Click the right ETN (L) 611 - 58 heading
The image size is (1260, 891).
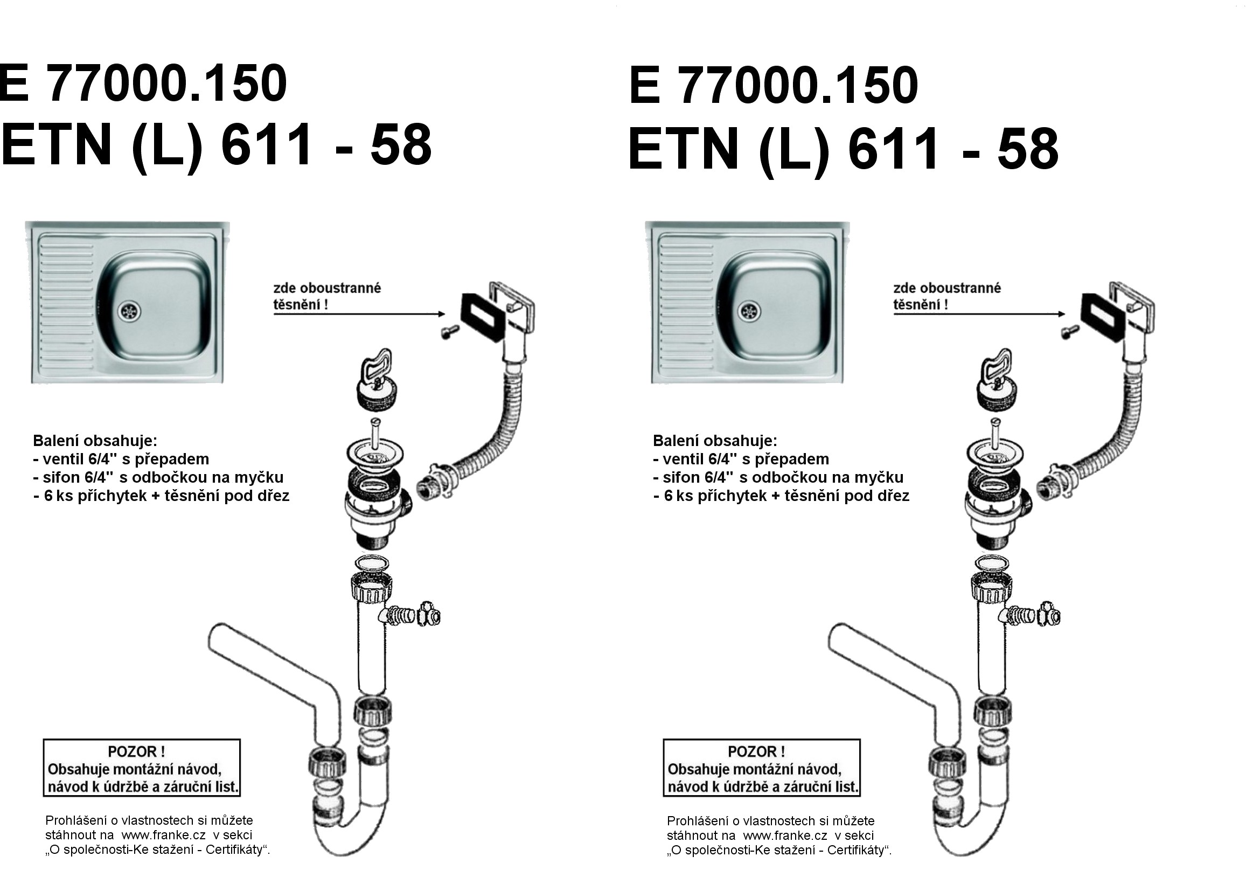point(844,149)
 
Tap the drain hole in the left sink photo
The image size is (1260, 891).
point(129,311)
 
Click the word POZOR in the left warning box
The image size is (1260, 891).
point(137,751)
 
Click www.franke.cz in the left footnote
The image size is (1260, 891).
point(164,835)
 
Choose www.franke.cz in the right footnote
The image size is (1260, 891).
point(785,836)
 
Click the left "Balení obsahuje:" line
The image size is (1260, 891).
point(95,441)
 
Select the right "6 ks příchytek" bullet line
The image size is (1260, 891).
point(781,496)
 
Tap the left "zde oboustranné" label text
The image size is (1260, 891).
point(327,288)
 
